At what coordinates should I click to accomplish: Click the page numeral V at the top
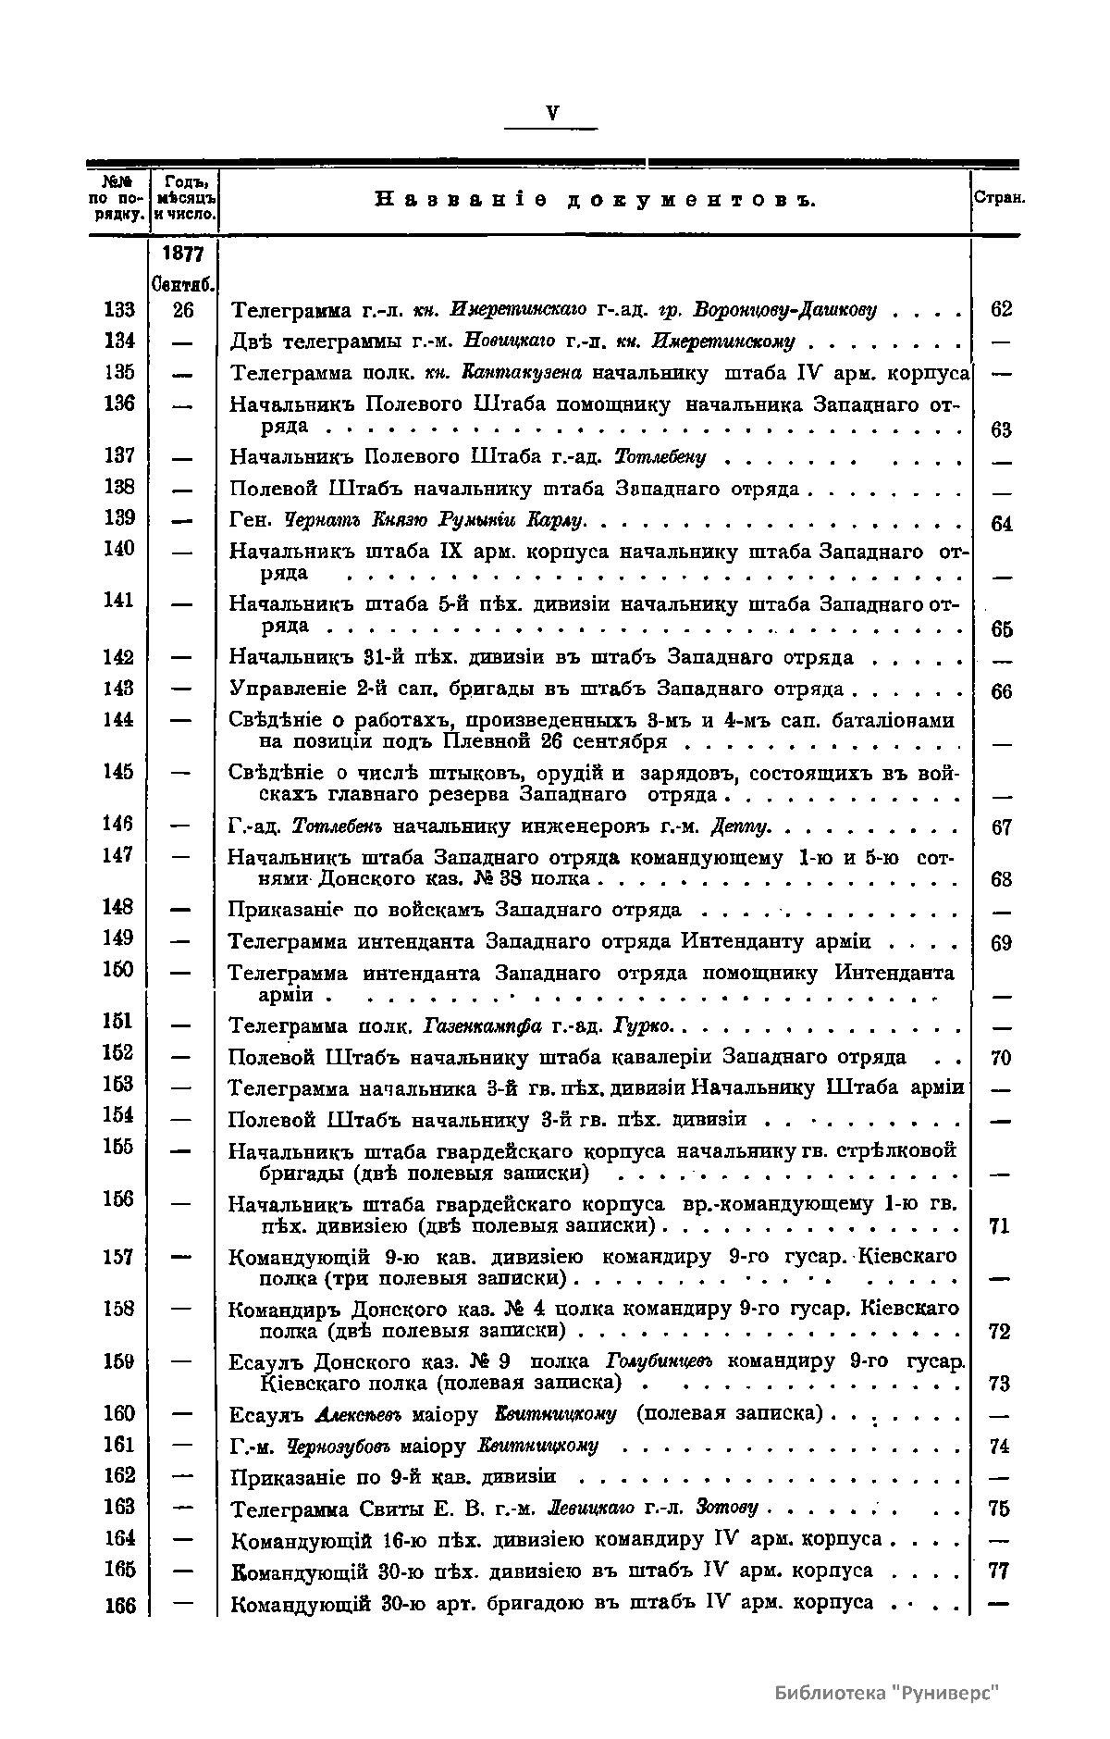552,114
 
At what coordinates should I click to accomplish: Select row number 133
119,309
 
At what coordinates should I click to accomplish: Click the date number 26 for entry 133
183,309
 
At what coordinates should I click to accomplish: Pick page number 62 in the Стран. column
1001,310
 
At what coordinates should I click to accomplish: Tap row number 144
119,719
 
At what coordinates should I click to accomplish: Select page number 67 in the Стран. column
1001,828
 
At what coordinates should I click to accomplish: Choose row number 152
119,1053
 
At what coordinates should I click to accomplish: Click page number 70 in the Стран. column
1001,1058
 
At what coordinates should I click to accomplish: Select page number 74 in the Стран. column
1000,1447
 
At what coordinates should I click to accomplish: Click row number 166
119,1606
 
